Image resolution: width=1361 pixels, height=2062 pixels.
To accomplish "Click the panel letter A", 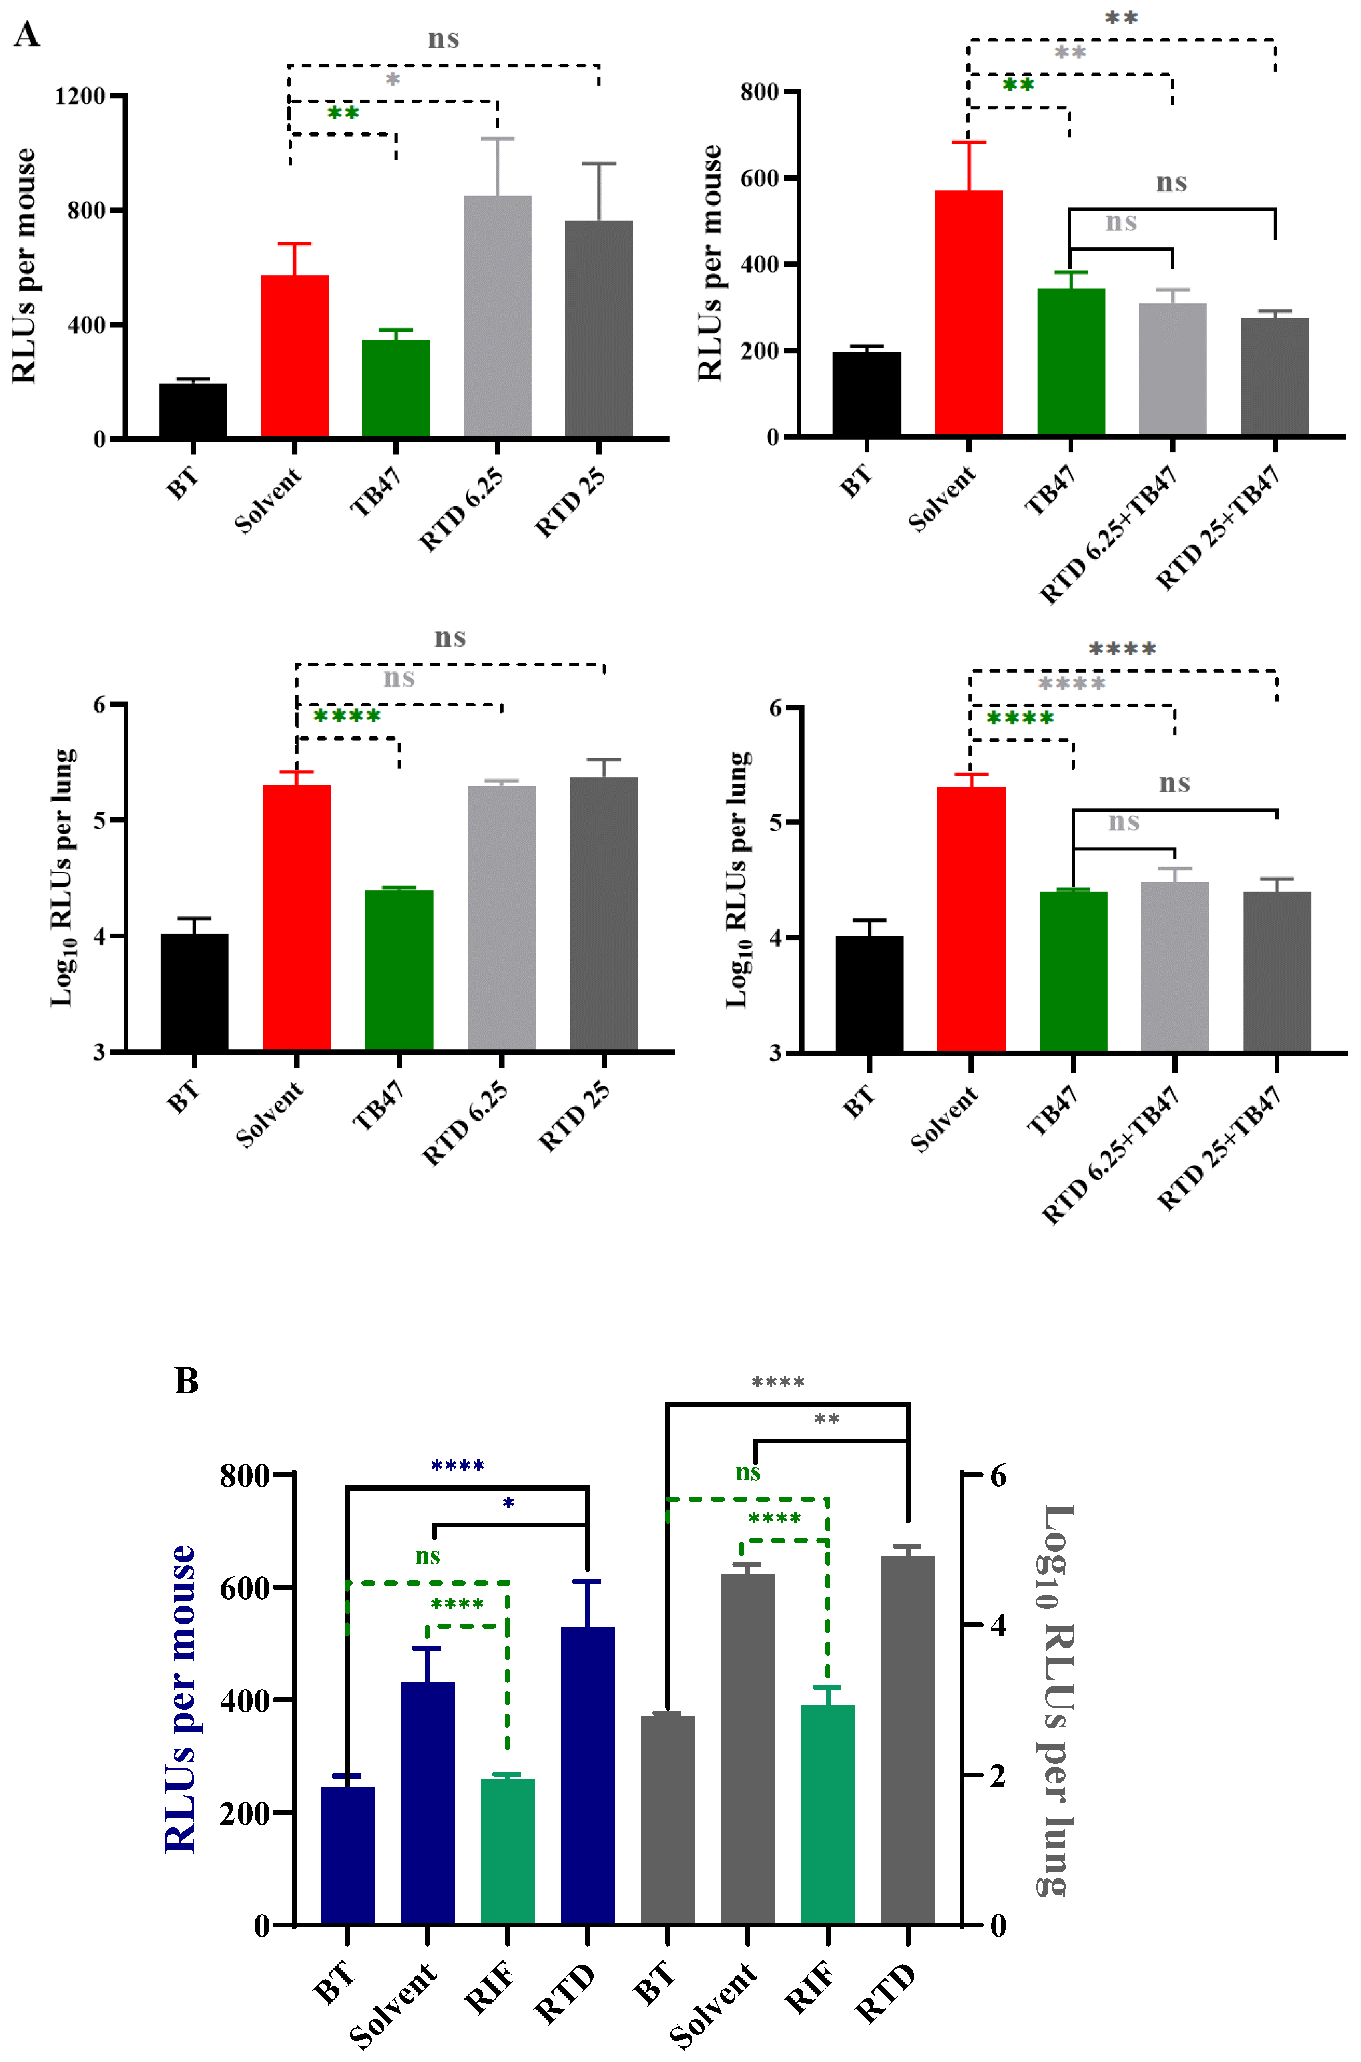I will tap(27, 35).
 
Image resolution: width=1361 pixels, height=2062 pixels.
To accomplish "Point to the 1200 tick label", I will tap(80, 96).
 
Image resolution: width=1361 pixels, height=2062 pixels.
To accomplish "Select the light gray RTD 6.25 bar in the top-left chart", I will tap(497, 317).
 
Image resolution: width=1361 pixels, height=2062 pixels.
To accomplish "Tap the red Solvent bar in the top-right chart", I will tap(969, 313).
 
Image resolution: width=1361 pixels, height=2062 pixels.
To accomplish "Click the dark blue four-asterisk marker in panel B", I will tap(458, 1466).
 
